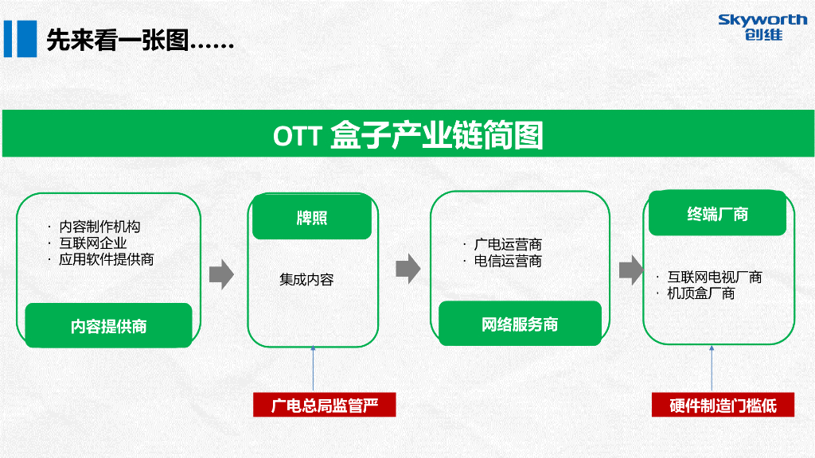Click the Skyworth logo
pos(762,26)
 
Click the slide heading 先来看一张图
pos(140,41)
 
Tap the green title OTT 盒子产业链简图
pos(407,134)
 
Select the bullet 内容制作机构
pos(99,227)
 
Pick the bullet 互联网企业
pos(92,243)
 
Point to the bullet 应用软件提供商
pos(106,259)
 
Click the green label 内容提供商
pos(108,326)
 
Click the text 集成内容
pos(306,280)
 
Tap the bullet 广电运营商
pos(508,245)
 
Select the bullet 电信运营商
pos(508,261)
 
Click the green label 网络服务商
pos(520,324)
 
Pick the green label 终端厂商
pos(717,215)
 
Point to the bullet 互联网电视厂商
pos(714,278)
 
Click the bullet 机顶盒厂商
pos(700,293)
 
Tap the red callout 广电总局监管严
pos(324,406)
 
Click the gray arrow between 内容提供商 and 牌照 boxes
pos(221,274)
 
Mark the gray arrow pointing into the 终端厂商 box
pos(631,269)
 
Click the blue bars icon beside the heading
pos(20,39)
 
